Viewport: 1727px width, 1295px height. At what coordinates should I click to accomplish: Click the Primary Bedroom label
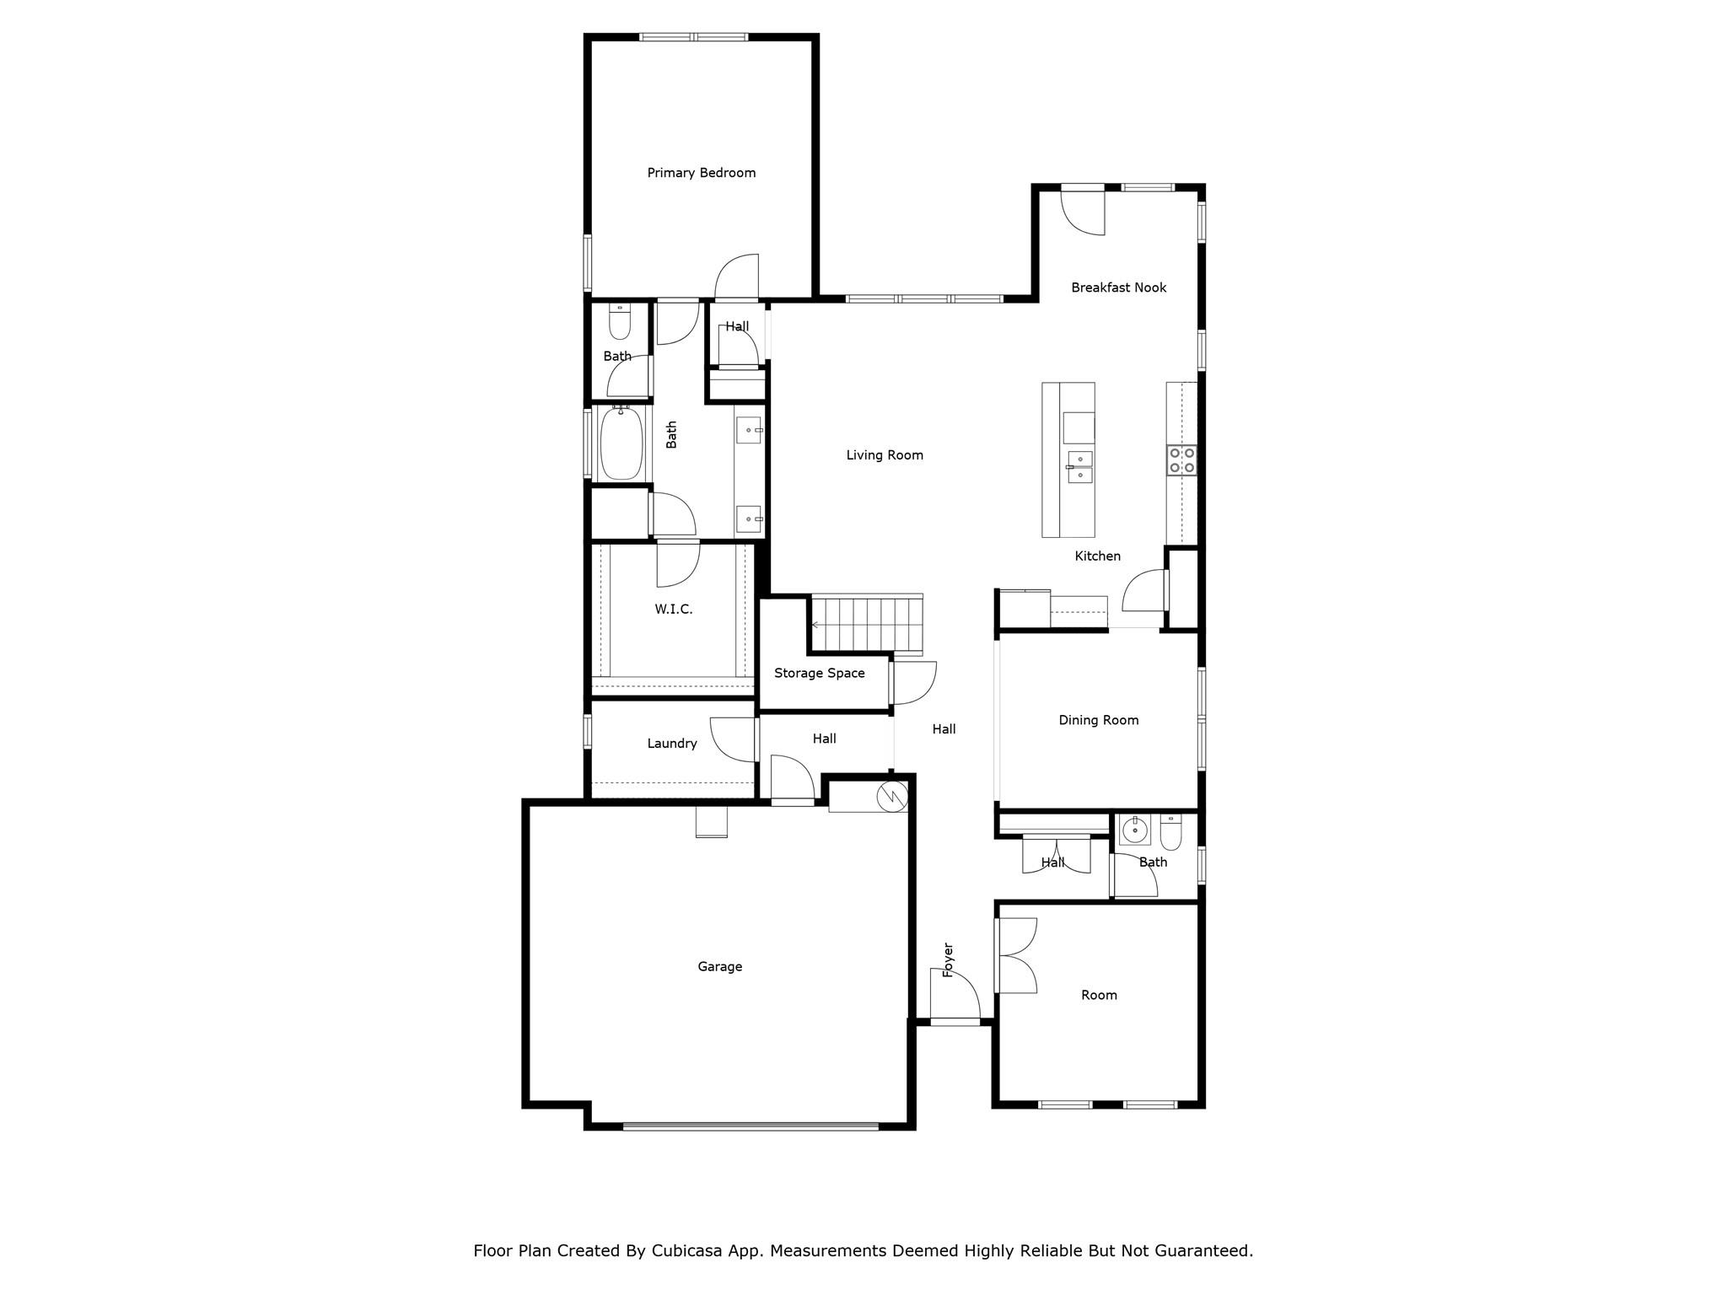pyautogui.click(x=701, y=173)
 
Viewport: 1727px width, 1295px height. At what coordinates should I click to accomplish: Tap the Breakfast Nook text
pyautogui.click(x=1118, y=287)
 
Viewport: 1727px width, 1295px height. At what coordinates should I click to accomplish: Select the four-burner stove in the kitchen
pyautogui.click(x=1181, y=460)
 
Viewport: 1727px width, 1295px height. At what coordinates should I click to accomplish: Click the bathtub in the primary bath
pyautogui.click(x=621, y=443)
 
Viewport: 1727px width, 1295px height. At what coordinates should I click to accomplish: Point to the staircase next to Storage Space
pyautogui.click(x=866, y=624)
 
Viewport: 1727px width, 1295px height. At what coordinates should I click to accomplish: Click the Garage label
pyautogui.click(x=719, y=967)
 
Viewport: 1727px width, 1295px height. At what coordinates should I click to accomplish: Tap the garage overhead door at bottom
pyautogui.click(x=751, y=1126)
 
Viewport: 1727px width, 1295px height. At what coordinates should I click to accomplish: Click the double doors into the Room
pyautogui.click(x=1014, y=954)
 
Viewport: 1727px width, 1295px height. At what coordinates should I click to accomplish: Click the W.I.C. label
pyautogui.click(x=673, y=610)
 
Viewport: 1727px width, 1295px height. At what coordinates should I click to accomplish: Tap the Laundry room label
pyautogui.click(x=671, y=744)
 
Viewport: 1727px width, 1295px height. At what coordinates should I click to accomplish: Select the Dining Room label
pyautogui.click(x=1098, y=720)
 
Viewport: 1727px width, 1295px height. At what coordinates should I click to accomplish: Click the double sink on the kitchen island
pyautogui.click(x=1079, y=467)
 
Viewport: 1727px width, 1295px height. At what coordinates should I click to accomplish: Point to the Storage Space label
pyautogui.click(x=819, y=673)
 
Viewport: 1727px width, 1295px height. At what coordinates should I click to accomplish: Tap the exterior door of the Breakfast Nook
pyautogui.click(x=1083, y=211)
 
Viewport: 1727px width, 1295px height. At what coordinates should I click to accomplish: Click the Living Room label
pyautogui.click(x=884, y=455)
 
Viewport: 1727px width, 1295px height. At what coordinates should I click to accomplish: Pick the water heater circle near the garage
pyautogui.click(x=891, y=795)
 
